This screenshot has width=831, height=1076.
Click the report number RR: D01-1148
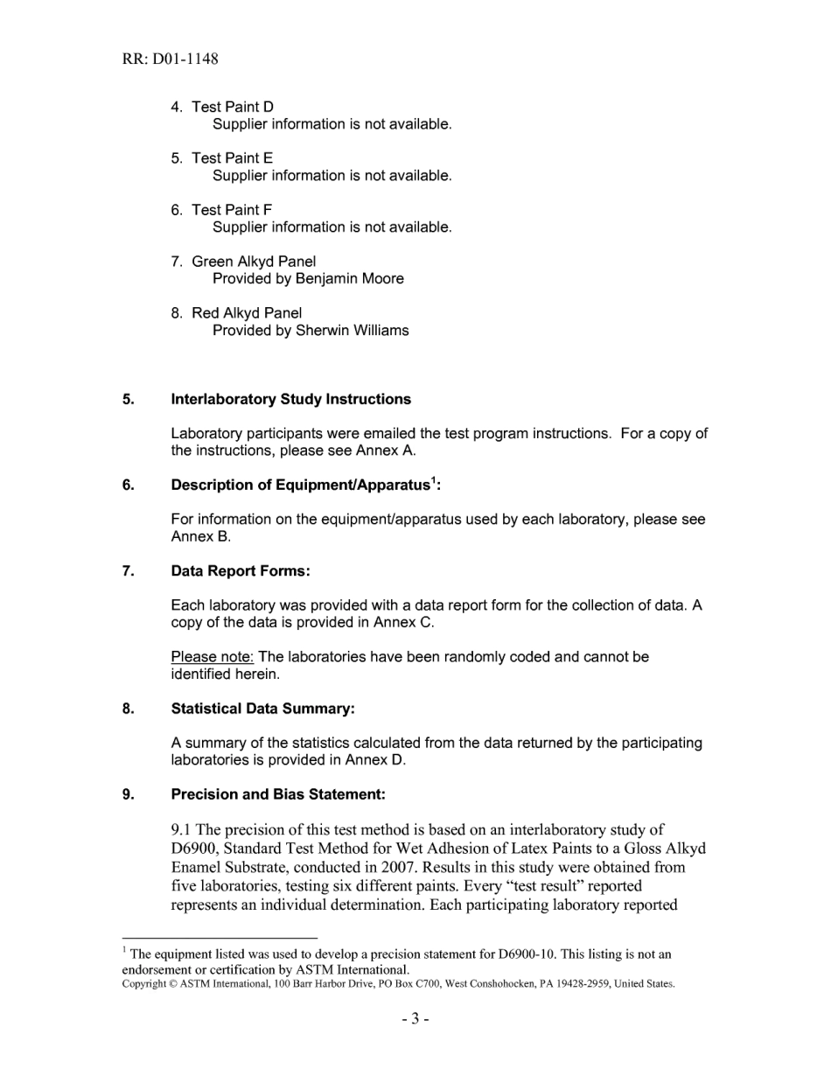click(171, 59)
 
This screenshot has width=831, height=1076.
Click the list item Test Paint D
click(232, 107)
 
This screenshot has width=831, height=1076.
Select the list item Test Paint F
click(231, 210)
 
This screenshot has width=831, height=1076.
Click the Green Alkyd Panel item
click(254, 262)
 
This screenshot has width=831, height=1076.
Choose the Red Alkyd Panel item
click(247, 313)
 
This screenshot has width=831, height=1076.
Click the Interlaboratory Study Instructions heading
click(290, 399)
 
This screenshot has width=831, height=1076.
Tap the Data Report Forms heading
click(241, 571)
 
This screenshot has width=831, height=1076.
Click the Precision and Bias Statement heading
click(278, 794)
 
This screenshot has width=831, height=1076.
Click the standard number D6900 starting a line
click(194, 849)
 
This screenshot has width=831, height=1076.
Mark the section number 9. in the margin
click(129, 794)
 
